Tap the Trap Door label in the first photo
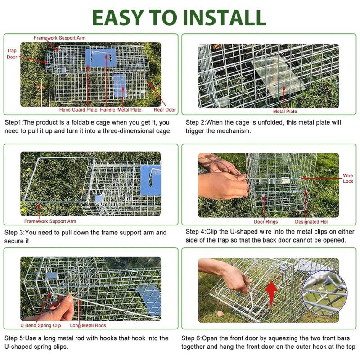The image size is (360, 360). click(x=12, y=54)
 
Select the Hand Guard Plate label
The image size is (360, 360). click(x=78, y=110)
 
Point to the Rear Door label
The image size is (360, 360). click(x=165, y=110)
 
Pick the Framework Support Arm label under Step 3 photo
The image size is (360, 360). click(x=50, y=221)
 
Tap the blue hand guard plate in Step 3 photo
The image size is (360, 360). click(x=150, y=180)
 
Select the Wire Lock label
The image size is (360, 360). click(x=348, y=178)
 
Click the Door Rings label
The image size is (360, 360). click(x=265, y=222)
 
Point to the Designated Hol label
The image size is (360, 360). click(x=314, y=222)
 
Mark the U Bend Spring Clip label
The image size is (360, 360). click(x=40, y=325)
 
